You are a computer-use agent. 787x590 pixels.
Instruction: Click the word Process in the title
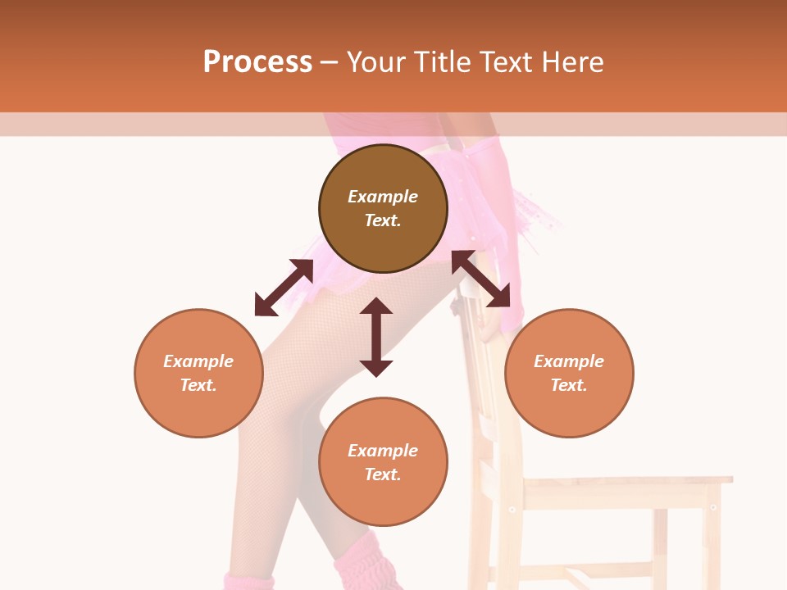click(257, 62)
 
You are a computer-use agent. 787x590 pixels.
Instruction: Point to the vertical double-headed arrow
click(376, 337)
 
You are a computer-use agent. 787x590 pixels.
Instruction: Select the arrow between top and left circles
click(284, 288)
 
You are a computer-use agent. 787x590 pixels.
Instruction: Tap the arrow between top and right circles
click(481, 279)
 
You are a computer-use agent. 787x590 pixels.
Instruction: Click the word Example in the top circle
click(383, 197)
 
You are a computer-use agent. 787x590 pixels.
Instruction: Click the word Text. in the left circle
click(198, 385)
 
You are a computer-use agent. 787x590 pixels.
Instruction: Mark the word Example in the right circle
click(569, 361)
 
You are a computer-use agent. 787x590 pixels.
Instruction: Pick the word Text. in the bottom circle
click(383, 474)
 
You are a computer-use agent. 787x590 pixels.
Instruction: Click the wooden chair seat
click(623, 482)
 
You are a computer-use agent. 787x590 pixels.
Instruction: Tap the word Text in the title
click(507, 62)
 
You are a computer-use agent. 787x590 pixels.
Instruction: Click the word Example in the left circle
click(198, 361)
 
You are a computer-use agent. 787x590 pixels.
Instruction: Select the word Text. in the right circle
click(569, 385)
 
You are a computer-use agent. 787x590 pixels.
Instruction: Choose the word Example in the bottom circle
click(383, 451)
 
